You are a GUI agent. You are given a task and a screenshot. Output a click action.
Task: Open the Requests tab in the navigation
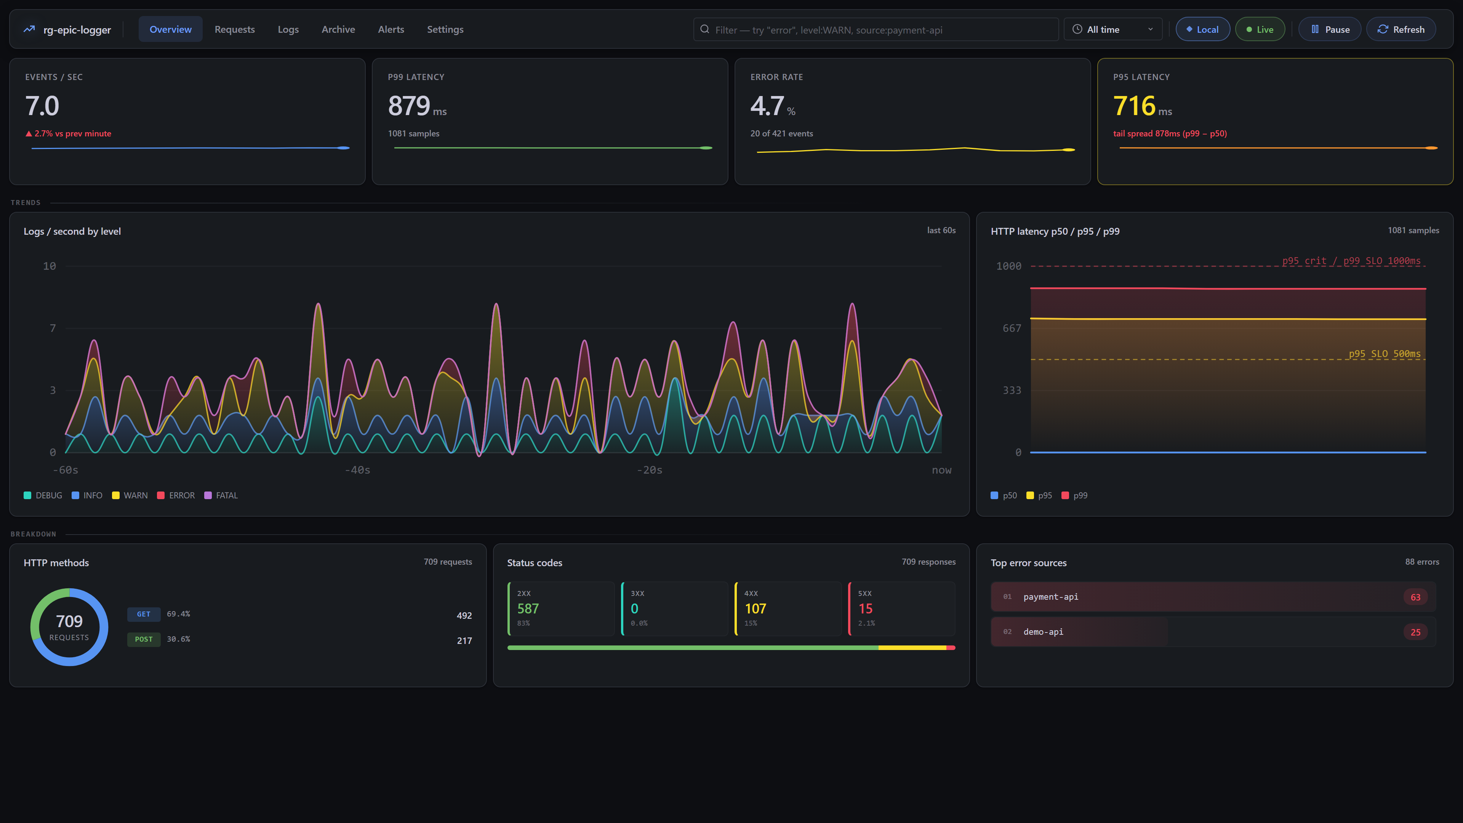click(x=235, y=30)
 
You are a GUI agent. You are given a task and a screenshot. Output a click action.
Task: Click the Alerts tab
click(x=391, y=30)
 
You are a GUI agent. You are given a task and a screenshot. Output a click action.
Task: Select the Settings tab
click(x=445, y=30)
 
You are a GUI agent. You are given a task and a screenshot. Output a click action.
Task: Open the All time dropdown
click(x=1112, y=30)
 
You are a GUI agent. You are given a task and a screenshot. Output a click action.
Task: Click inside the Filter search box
click(x=876, y=30)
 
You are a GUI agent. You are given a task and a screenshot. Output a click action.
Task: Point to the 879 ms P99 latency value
click(x=417, y=106)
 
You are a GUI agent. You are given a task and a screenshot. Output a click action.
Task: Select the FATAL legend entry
click(x=221, y=495)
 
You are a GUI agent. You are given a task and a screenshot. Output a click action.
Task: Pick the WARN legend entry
click(x=130, y=495)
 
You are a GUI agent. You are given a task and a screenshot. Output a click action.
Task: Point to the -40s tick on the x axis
click(x=357, y=470)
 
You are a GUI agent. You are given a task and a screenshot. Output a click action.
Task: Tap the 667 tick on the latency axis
click(x=1012, y=328)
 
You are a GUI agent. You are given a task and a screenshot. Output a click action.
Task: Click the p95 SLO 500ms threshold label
click(x=1384, y=354)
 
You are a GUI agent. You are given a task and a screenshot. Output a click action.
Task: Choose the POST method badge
click(x=144, y=639)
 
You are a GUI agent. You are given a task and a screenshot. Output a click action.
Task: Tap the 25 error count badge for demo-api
click(x=1415, y=632)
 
